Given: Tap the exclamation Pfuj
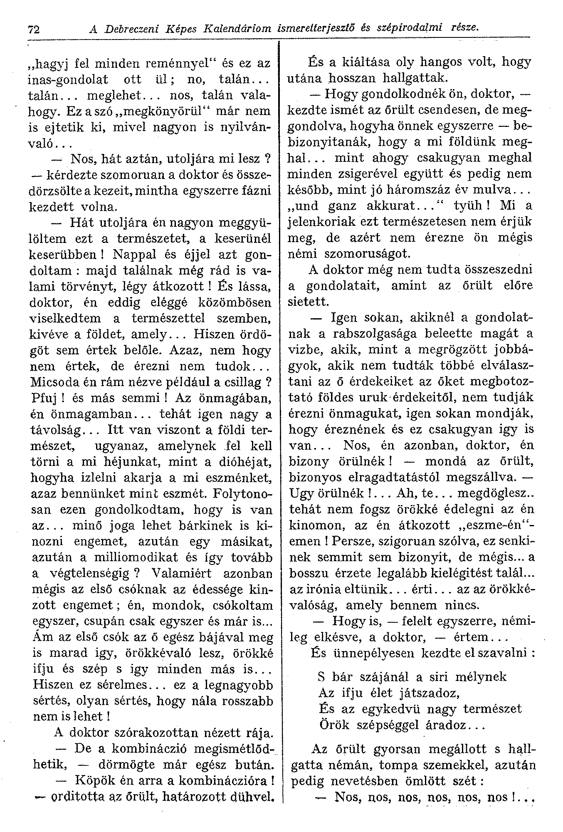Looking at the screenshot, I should click(44, 398).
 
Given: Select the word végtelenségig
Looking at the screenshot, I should click(87, 573).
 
